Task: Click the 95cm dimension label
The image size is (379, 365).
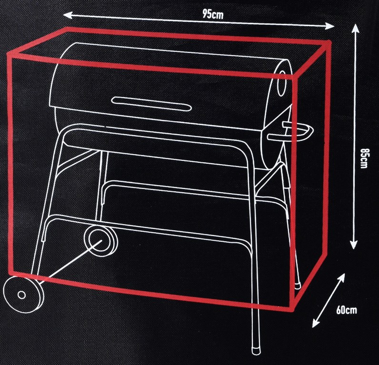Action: click(x=213, y=14)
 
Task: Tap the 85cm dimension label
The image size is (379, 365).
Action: click(x=364, y=158)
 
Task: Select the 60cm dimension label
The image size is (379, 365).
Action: click(x=346, y=310)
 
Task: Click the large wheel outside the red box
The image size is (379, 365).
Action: click(x=23, y=295)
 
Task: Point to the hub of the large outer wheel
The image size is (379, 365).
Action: click(x=21, y=295)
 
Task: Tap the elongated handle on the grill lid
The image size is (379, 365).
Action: click(x=151, y=104)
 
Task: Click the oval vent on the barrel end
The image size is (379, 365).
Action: click(x=281, y=83)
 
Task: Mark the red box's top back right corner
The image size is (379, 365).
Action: click(x=328, y=43)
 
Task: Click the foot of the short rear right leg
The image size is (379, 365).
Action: click(x=298, y=286)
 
